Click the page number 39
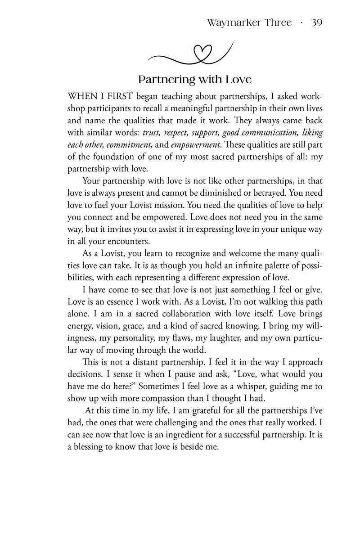[x=315, y=23]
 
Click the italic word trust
[x=153, y=133]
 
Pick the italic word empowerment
[x=194, y=144]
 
